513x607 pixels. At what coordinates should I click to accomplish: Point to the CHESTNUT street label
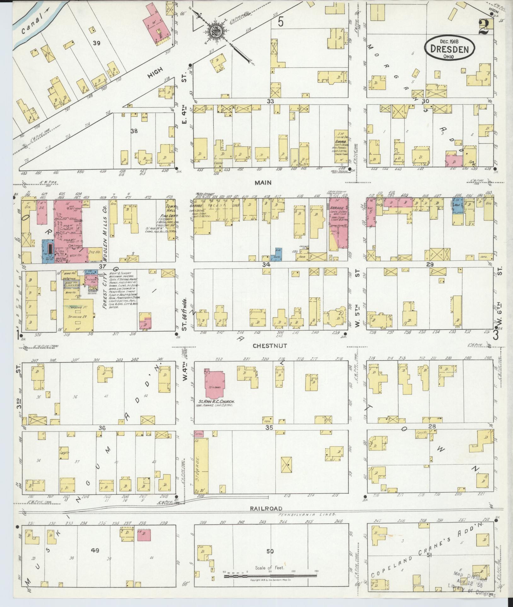coord(270,346)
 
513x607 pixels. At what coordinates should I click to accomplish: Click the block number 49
coord(95,550)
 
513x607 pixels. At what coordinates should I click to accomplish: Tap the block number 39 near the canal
coord(96,43)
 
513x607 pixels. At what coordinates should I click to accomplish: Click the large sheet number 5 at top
coord(281,22)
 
